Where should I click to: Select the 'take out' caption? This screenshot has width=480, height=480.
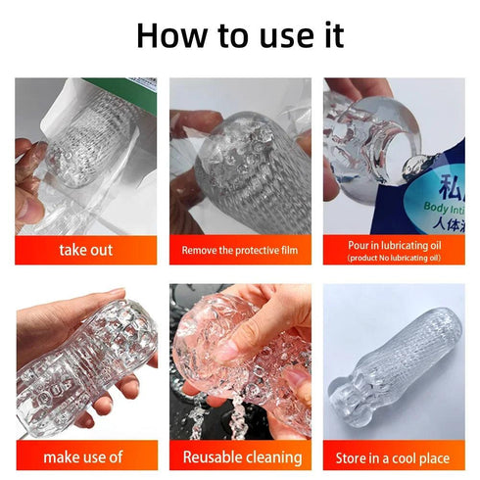click(86, 250)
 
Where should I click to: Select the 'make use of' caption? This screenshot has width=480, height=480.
click(86, 456)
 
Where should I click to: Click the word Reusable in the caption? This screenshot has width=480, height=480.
click(211, 456)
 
